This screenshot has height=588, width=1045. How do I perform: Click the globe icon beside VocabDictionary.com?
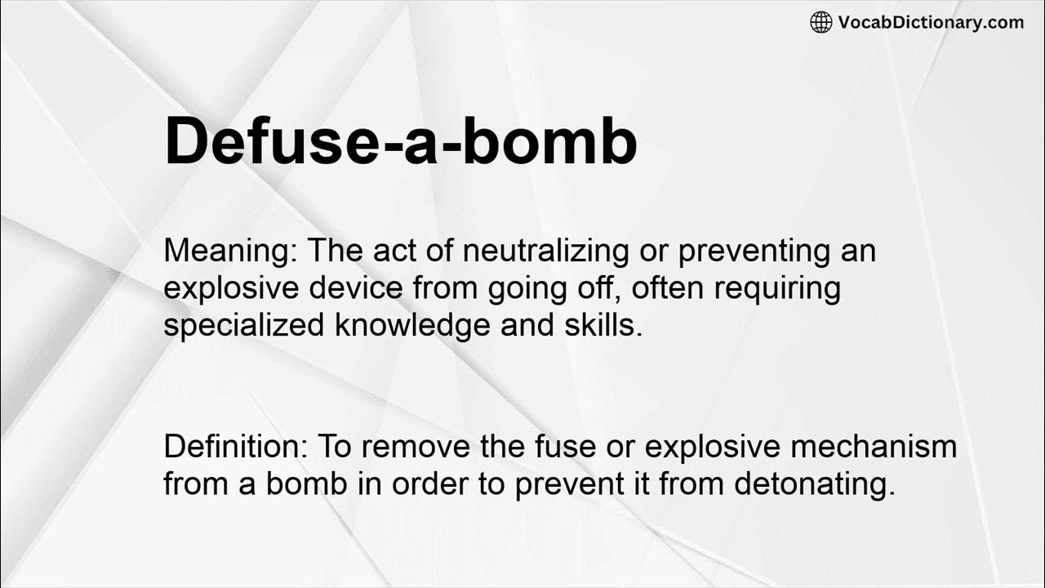[x=821, y=22]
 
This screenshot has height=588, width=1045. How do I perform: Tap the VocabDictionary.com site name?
[x=931, y=22]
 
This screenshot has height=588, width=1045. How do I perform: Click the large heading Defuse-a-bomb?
[x=400, y=141]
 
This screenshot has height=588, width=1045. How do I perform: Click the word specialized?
[x=245, y=326]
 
